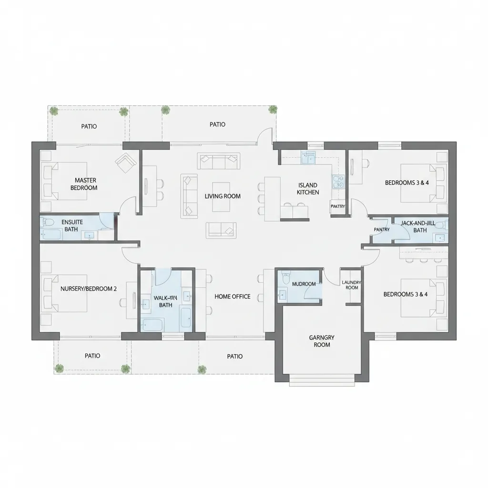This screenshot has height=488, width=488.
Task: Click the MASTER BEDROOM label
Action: (86, 184)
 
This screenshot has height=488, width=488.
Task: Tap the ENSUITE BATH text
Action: (72, 225)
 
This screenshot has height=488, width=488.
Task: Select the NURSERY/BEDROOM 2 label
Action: (89, 288)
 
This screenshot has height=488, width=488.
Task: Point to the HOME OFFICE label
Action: (232, 296)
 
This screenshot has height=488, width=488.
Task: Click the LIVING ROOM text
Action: (223, 196)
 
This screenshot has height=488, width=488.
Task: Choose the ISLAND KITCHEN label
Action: (307, 188)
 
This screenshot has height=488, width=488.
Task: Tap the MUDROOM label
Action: (304, 284)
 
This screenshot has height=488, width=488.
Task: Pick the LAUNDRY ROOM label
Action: (352, 285)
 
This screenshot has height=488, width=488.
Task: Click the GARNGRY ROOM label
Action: (322, 341)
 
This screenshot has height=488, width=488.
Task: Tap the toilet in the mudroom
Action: (285, 276)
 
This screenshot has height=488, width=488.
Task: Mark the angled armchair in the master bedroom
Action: (125, 163)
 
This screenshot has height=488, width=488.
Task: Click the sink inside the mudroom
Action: (283, 294)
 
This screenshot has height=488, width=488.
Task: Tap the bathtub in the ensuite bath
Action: (52, 234)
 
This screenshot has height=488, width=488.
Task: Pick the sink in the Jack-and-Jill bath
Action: (439, 237)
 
